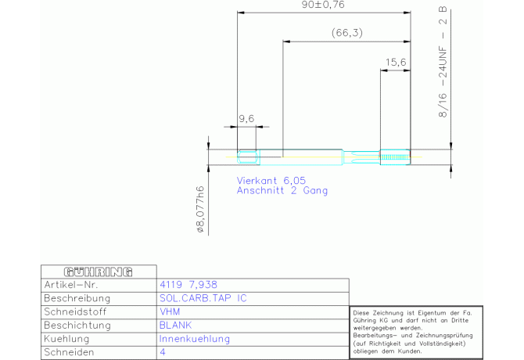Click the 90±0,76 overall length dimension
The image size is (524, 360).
pyautogui.click(x=323, y=5)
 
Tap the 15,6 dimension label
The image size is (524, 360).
pyautogui.click(x=396, y=62)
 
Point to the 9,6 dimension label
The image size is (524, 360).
pyautogui.click(x=246, y=118)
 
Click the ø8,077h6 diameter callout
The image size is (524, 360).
pyautogui.click(x=201, y=210)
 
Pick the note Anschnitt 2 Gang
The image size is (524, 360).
pyautogui.click(x=282, y=190)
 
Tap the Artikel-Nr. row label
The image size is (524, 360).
pyautogui.click(x=73, y=285)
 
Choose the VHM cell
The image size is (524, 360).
pyautogui.click(x=170, y=311)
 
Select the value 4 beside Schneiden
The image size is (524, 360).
pyautogui.click(x=162, y=352)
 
